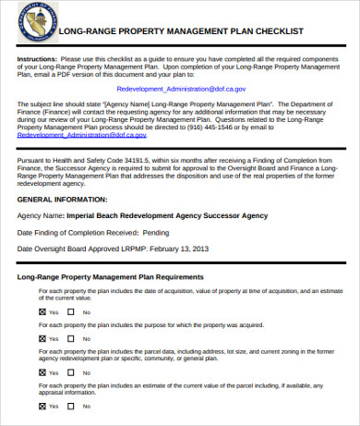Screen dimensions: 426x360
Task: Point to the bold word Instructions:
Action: pos(37,58)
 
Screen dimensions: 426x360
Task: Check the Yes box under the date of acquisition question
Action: pos(42,312)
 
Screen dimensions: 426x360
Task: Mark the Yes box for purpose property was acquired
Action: pos(42,338)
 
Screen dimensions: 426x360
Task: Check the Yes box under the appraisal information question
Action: pos(42,405)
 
